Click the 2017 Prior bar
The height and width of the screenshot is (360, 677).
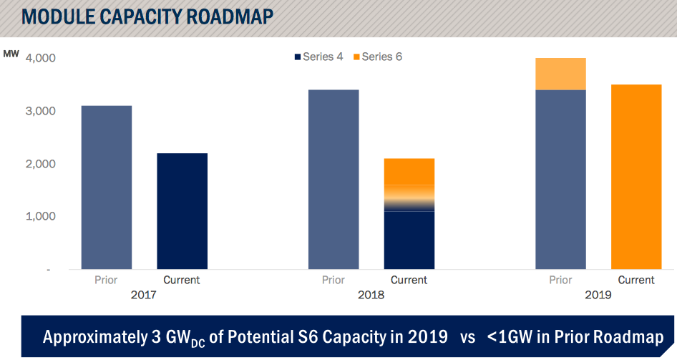coord(107,188)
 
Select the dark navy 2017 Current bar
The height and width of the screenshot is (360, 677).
coord(182,211)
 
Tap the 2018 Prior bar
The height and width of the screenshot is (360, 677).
coord(333,180)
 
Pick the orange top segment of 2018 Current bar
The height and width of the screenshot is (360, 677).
coord(409,172)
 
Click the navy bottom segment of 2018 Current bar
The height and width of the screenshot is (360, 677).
coord(409,240)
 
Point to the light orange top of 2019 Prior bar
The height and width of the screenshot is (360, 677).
coord(561,74)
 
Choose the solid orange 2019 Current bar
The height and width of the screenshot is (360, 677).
coord(636,177)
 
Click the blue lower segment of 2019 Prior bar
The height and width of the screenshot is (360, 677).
coord(561,180)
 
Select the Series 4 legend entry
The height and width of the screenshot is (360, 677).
coord(318,57)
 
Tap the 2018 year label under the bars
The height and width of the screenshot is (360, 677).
coord(371,294)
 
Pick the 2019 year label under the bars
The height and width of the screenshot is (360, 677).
coord(598,294)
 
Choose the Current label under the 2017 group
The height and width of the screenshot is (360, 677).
coord(182,280)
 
